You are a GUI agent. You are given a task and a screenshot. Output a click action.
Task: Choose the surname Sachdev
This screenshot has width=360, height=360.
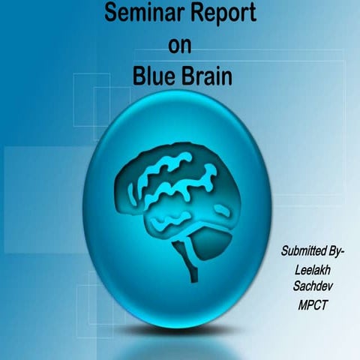pos(309,286)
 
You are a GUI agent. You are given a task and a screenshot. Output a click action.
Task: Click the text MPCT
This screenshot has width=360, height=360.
pos(311,304)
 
